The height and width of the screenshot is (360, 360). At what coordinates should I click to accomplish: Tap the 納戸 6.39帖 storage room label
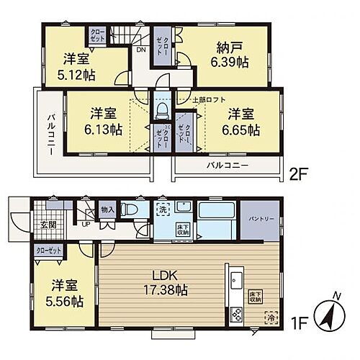tap(230, 55)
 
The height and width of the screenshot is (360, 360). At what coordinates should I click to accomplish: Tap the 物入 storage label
tap(107, 209)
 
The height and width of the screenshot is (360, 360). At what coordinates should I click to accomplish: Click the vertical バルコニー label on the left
tap(53, 130)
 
